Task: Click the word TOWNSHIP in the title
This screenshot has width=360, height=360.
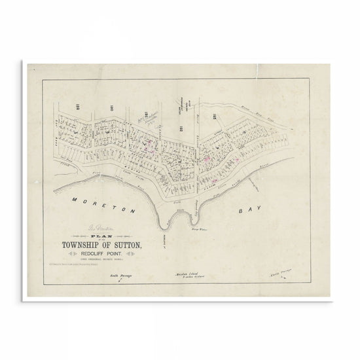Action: (x=71, y=246)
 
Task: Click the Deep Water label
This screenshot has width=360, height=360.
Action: (x=197, y=229)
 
